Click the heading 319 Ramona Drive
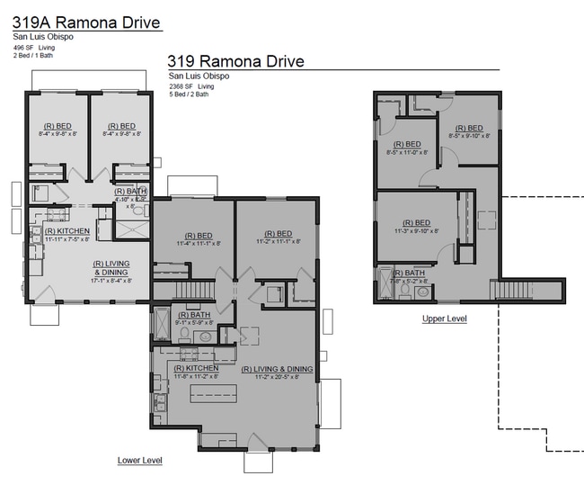pyautogui.click(x=236, y=61)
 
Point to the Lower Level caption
pyautogui.click(x=140, y=460)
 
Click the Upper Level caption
pyautogui.click(x=444, y=319)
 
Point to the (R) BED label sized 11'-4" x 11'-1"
pyautogui.click(x=191, y=238)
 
